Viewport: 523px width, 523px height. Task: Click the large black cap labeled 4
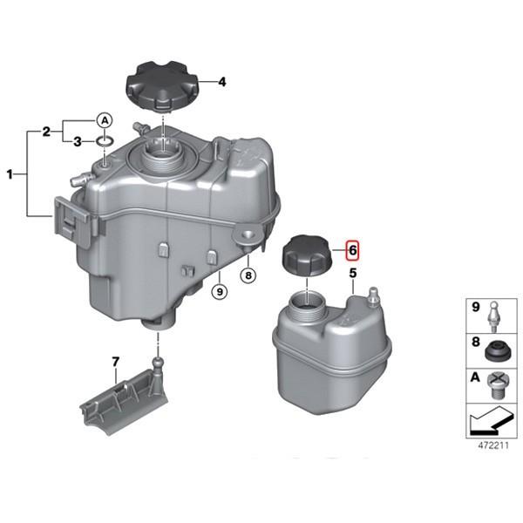pos(161,85)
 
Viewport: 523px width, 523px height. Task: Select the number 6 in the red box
pos(352,250)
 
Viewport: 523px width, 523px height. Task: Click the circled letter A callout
pos(105,120)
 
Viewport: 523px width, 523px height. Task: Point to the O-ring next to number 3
pos(105,141)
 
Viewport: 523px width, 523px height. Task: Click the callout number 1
pos(10,173)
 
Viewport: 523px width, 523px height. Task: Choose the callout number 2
pos(46,132)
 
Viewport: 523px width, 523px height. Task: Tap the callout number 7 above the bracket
pos(115,362)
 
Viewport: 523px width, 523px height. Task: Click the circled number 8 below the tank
pos(248,275)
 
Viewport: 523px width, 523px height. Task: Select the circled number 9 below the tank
pos(220,292)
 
